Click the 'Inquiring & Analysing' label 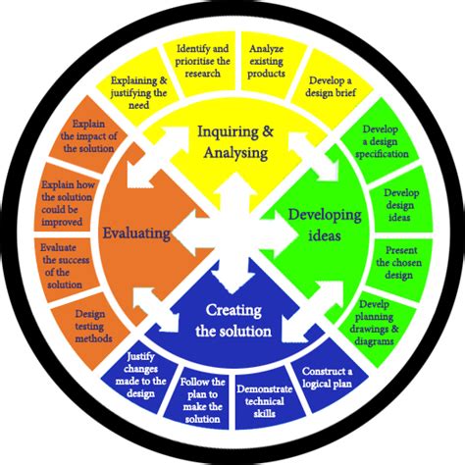tap(232, 141)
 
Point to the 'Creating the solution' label tap(232, 320)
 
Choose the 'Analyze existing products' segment tap(267, 60)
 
